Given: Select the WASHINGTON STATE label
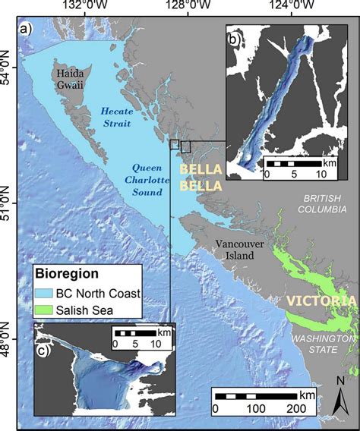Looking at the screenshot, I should pyautogui.click(x=325, y=343).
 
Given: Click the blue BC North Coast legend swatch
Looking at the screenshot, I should pyautogui.click(x=47, y=293).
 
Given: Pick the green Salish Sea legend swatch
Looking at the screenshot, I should pyautogui.click(x=47, y=309).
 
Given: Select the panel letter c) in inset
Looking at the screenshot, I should pyautogui.click(x=45, y=351).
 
